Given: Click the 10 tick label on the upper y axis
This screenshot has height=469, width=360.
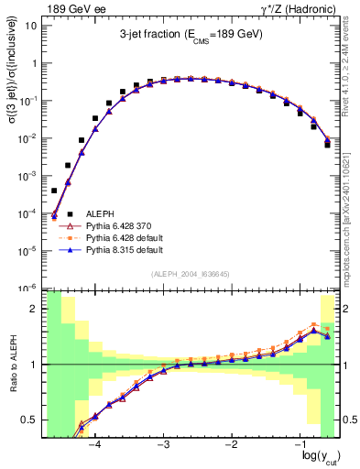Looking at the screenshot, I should tap(31, 26).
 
